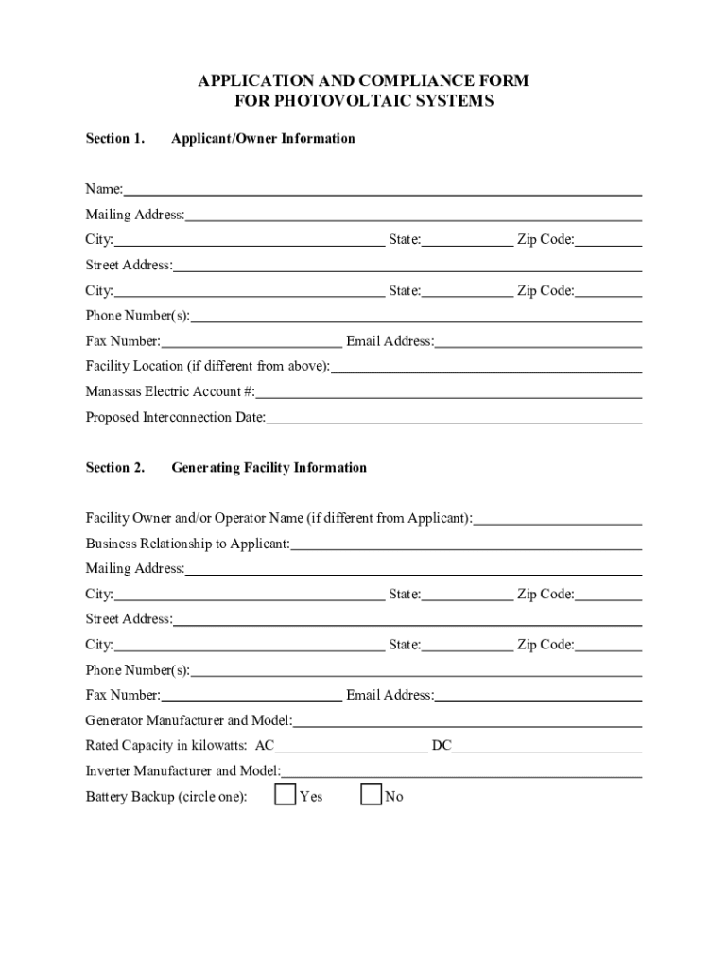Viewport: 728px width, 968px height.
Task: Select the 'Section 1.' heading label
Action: click(x=114, y=139)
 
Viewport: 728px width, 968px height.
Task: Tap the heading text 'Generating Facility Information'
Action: click(x=269, y=468)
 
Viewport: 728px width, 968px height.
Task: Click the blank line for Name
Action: click(x=382, y=191)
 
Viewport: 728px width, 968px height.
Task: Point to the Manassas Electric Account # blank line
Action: click(x=448, y=393)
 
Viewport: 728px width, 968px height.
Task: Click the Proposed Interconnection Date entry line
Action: click(x=454, y=419)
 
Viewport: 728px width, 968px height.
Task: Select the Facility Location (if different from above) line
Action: click(x=486, y=368)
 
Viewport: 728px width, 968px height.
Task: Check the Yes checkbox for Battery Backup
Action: click(x=285, y=795)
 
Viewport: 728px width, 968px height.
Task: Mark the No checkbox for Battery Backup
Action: click(x=371, y=795)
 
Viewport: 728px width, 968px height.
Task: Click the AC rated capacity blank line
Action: click(x=352, y=747)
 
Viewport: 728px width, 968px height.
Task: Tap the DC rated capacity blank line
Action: click(x=546, y=747)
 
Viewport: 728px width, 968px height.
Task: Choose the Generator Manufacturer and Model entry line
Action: click(x=467, y=722)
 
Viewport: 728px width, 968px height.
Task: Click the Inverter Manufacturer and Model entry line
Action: click(x=461, y=772)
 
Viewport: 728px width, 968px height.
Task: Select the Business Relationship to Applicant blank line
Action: click(x=466, y=545)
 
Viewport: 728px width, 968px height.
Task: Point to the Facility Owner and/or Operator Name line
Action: click(x=558, y=520)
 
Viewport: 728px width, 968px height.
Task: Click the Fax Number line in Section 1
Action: click(x=251, y=342)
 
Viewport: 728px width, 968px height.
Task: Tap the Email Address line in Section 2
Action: click(x=538, y=697)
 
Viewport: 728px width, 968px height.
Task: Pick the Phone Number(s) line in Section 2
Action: click(x=416, y=672)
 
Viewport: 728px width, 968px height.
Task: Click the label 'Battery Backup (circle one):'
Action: click(x=166, y=797)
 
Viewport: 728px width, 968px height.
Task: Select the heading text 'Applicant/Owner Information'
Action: click(x=263, y=139)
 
